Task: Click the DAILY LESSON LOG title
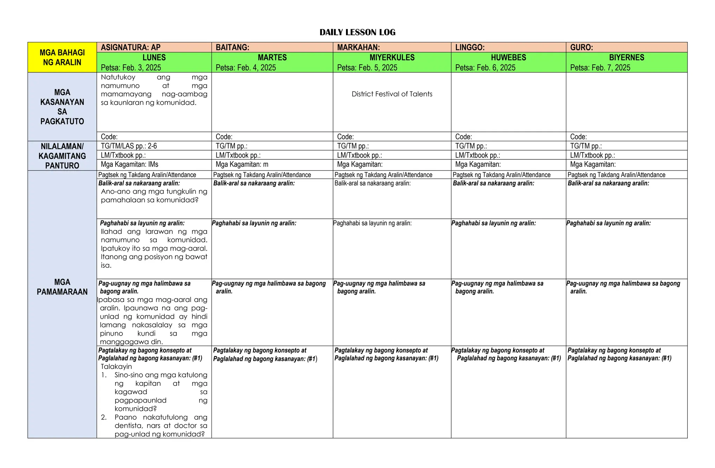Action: coord(357,33)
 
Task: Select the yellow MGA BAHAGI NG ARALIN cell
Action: coord(62,57)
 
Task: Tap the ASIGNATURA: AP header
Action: coord(131,48)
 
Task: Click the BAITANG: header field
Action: coord(233,48)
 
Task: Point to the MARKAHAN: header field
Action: coord(359,48)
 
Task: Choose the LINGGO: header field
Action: coord(470,48)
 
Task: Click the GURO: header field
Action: coord(582,48)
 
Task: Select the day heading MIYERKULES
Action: coord(392,58)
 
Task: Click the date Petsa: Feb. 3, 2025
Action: coord(131,68)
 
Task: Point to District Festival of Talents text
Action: coord(392,94)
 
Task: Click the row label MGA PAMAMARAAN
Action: coord(62,287)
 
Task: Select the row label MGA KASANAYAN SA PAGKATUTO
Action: coord(62,107)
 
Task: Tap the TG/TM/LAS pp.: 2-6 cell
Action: coord(129,146)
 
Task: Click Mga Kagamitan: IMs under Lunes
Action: coord(130,164)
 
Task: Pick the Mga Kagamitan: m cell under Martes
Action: coord(242,164)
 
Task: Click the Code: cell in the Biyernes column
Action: coord(578,137)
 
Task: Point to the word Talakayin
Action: coord(116,366)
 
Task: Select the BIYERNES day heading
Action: coord(627,58)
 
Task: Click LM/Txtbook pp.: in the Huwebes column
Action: coord(477,155)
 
